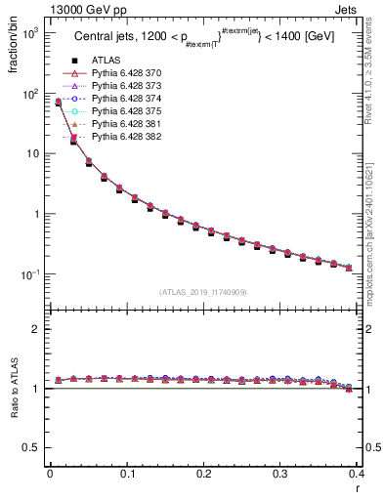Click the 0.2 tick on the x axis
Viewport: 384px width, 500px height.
(x=203, y=475)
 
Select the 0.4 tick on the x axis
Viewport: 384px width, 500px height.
(x=358, y=475)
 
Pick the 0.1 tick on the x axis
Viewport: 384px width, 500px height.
(x=127, y=475)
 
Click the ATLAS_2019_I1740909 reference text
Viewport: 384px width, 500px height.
(x=203, y=292)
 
